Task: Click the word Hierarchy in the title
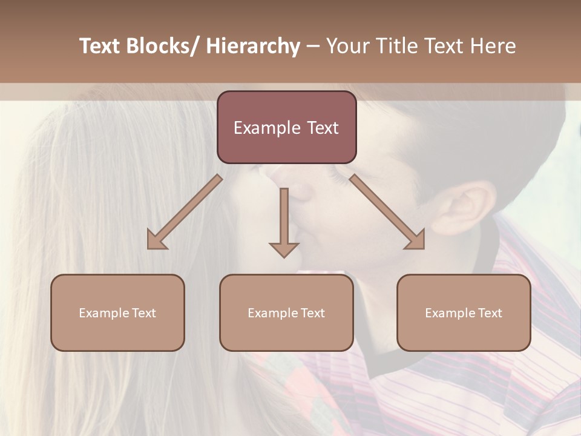pyautogui.click(x=253, y=47)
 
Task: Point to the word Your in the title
pyautogui.click(x=346, y=47)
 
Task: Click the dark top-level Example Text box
pyautogui.click(x=286, y=127)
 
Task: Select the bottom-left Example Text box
pyautogui.click(x=117, y=313)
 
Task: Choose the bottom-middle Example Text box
pyautogui.click(x=286, y=313)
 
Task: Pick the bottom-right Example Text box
pyautogui.click(x=464, y=313)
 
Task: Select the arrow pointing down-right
pyautogui.click(x=387, y=212)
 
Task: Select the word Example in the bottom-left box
pyautogui.click(x=104, y=313)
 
